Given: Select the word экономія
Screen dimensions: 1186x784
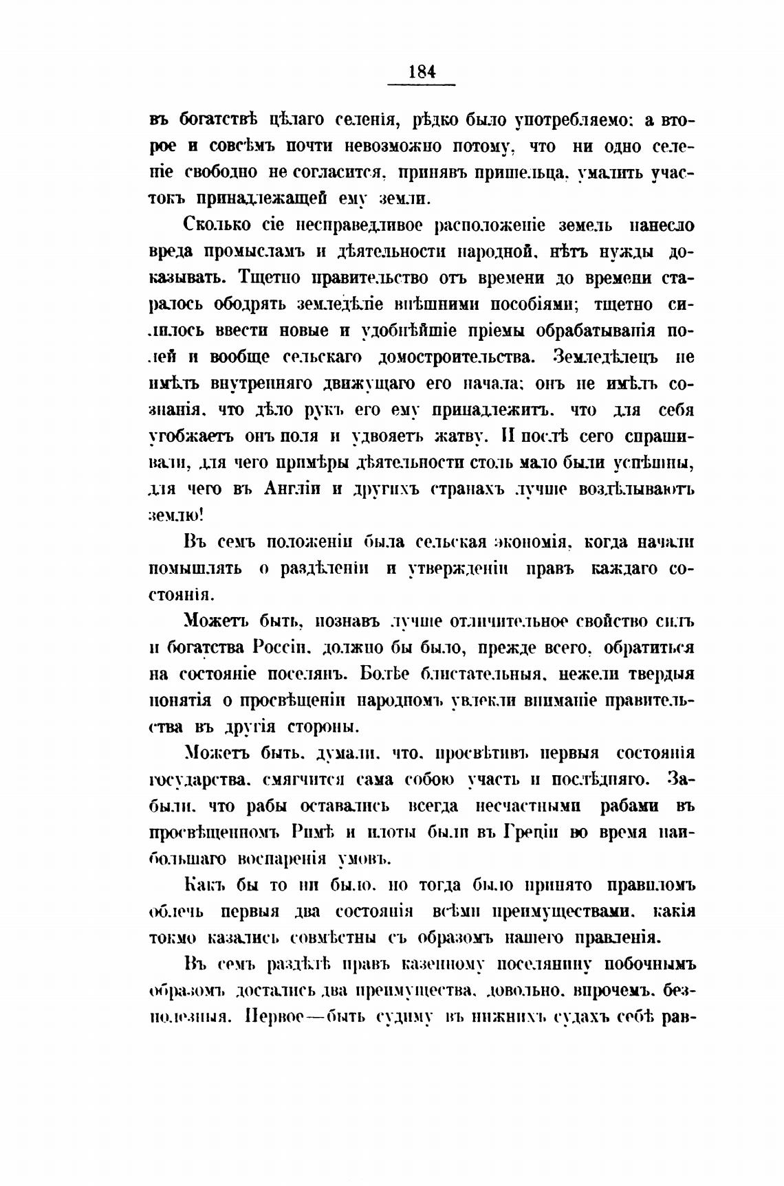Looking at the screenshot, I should (532, 541).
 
